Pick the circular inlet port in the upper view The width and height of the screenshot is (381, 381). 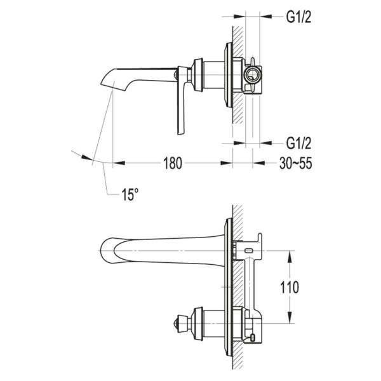click(x=253, y=75)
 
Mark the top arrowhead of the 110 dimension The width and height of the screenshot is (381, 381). click(x=291, y=254)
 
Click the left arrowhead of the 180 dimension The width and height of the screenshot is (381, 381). click(x=118, y=163)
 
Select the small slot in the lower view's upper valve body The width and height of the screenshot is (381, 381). click(x=249, y=251)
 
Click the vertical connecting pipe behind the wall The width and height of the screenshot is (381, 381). click(x=250, y=283)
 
